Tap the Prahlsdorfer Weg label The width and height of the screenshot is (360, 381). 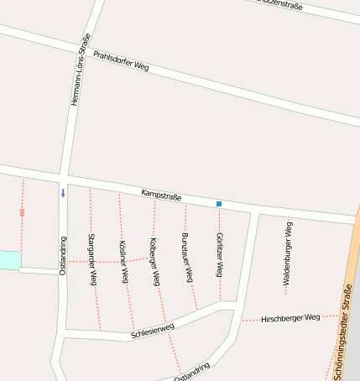[x=121, y=61]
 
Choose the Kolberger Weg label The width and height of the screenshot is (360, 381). [x=154, y=262]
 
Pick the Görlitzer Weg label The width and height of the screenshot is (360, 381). [x=219, y=256]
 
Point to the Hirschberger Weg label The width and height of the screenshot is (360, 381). [x=290, y=318]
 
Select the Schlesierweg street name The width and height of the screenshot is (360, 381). [x=152, y=331]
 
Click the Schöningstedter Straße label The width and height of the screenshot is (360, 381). [x=341, y=332]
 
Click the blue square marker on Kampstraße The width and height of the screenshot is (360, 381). [x=219, y=204]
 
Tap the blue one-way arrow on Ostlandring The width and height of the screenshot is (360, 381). [x=62, y=193]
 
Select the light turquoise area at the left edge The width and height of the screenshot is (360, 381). [x=8, y=259]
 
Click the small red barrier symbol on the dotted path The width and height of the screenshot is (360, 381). [x=22, y=212]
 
